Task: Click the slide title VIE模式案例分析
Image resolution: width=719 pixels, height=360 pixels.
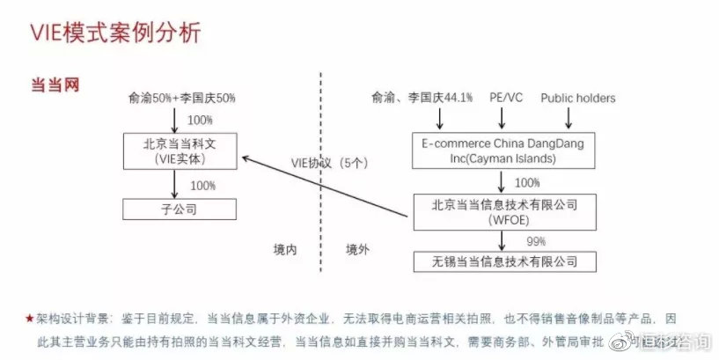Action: click(x=115, y=34)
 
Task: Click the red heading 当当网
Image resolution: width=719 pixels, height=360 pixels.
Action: click(x=55, y=84)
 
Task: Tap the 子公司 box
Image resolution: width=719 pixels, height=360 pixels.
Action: click(x=180, y=209)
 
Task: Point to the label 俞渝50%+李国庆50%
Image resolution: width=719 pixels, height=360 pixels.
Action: click(x=182, y=98)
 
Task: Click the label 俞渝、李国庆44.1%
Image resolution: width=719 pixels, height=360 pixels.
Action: click(x=422, y=98)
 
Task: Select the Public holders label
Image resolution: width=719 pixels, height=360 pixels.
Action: click(x=577, y=98)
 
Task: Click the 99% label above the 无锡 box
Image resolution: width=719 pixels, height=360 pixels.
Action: click(x=537, y=240)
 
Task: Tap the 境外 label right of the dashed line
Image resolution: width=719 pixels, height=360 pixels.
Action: click(x=357, y=249)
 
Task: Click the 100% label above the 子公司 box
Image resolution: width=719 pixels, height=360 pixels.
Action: click(x=202, y=185)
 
